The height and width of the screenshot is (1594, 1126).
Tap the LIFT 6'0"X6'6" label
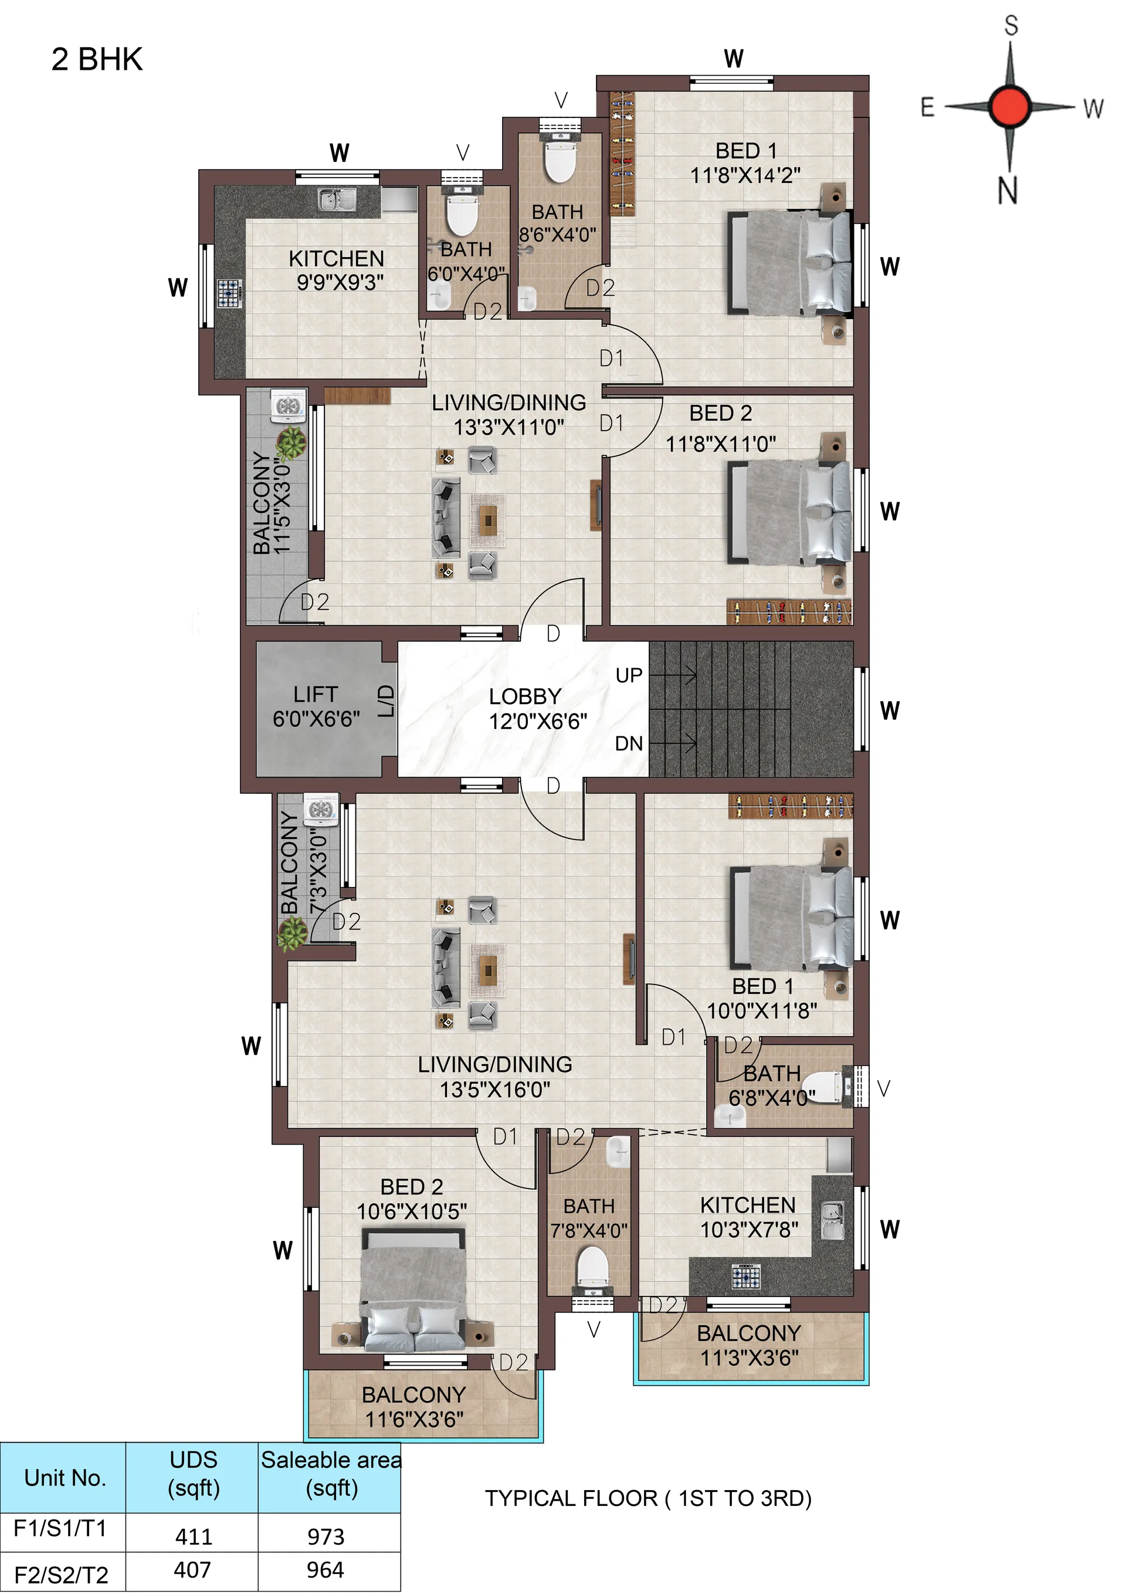[316, 707]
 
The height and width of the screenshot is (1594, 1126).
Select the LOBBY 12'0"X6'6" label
[537, 708]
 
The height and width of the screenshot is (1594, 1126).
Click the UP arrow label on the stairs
[629, 675]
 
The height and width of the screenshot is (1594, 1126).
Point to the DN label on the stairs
[629, 743]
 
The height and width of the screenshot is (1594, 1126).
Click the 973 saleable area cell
[325, 1537]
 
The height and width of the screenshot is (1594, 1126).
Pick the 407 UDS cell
[192, 1569]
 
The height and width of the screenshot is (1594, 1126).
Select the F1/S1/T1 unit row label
[60, 1528]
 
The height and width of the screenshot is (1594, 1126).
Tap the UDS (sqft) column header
[194, 1474]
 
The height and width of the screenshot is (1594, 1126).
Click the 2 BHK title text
[97, 60]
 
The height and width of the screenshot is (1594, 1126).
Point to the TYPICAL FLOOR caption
[647, 1498]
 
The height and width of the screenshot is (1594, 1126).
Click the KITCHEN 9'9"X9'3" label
[337, 270]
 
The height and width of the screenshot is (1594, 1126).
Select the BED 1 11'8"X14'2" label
[745, 163]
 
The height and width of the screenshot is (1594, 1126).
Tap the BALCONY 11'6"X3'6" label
[413, 1406]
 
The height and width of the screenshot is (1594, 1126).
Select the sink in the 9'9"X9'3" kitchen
[337, 200]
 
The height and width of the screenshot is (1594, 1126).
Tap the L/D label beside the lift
[386, 701]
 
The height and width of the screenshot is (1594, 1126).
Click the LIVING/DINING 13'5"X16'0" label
[495, 1077]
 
